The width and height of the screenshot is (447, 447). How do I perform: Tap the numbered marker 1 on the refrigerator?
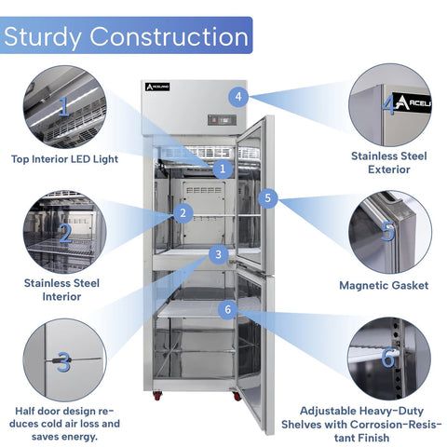tap(223, 169)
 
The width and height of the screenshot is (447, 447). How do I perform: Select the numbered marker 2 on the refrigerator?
tap(183, 213)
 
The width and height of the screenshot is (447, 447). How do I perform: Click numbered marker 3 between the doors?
tap(218, 254)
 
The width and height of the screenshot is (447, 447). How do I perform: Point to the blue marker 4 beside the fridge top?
tap(239, 96)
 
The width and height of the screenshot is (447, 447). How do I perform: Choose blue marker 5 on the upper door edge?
tap(268, 197)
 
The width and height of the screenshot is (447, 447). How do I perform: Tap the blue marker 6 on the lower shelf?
tap(227, 308)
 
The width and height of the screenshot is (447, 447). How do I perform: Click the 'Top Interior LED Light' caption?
tap(64, 159)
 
